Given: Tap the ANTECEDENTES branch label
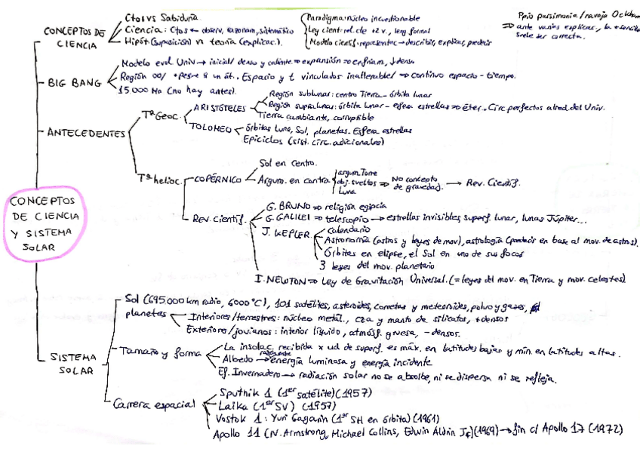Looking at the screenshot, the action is point(86,133).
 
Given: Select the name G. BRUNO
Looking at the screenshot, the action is point(284,206).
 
